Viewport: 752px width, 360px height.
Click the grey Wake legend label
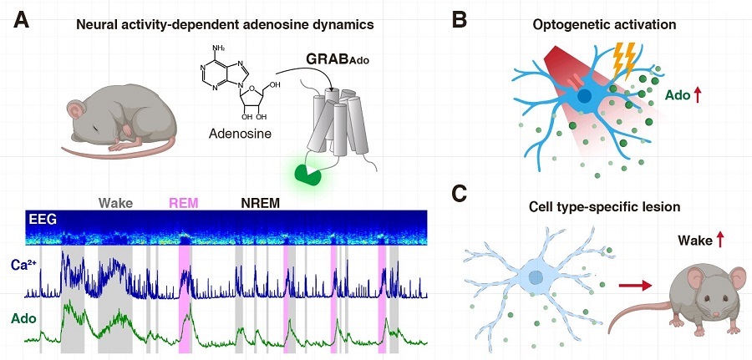pyautogui.click(x=115, y=202)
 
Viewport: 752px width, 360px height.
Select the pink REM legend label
pyautogui.click(x=183, y=202)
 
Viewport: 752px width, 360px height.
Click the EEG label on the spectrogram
pyautogui.click(x=41, y=220)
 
